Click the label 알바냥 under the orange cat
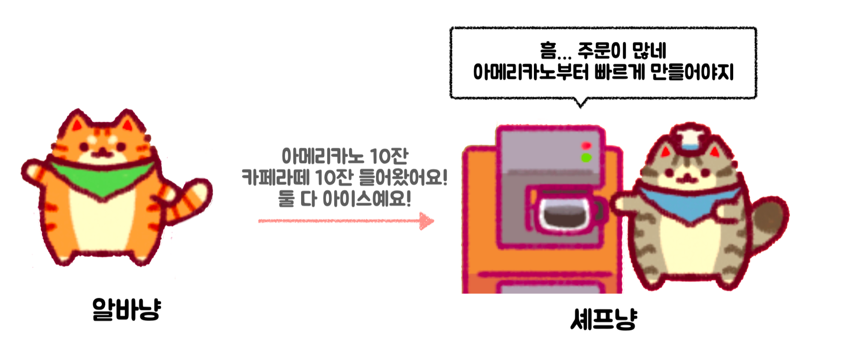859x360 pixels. (x=126, y=309)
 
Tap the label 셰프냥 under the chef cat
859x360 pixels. (x=603, y=319)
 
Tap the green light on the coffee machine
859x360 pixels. (x=586, y=158)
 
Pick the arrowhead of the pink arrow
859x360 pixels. (x=426, y=221)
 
